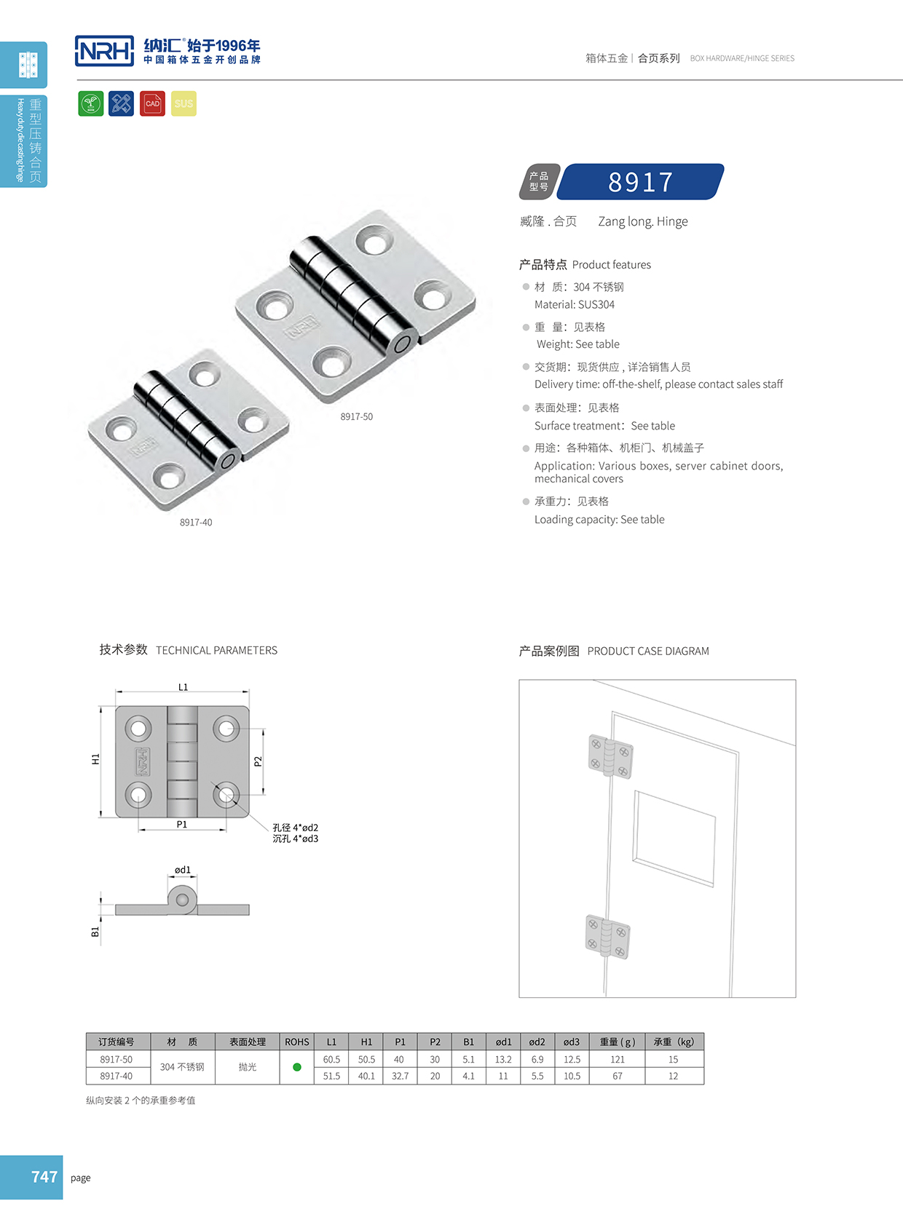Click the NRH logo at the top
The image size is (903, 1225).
tap(104, 51)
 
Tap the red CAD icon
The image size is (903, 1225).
tap(152, 103)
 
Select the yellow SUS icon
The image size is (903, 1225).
tap(184, 103)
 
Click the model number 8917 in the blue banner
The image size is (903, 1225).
tap(641, 182)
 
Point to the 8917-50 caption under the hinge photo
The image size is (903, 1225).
tap(356, 417)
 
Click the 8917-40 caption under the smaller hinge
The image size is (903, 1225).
tap(196, 523)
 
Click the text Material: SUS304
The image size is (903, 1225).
tap(574, 305)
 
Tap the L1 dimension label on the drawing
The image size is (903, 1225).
tap(183, 687)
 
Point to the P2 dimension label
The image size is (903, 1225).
tap(258, 761)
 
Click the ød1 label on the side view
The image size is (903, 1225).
tap(183, 870)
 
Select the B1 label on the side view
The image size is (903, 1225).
tap(95, 932)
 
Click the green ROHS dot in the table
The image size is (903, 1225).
tap(297, 1067)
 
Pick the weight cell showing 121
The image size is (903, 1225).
tap(618, 1060)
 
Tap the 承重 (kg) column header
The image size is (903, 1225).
tap(674, 1042)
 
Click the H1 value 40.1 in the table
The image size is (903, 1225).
tap(366, 1076)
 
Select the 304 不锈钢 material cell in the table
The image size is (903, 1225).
tap(182, 1067)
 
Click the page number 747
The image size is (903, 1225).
tap(44, 1177)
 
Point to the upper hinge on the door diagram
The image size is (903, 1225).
tap(610, 756)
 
